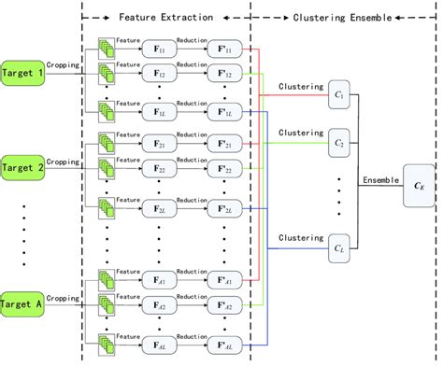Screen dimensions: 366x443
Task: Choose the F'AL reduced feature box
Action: (x=225, y=343)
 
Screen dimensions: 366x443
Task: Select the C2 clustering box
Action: (x=338, y=145)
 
